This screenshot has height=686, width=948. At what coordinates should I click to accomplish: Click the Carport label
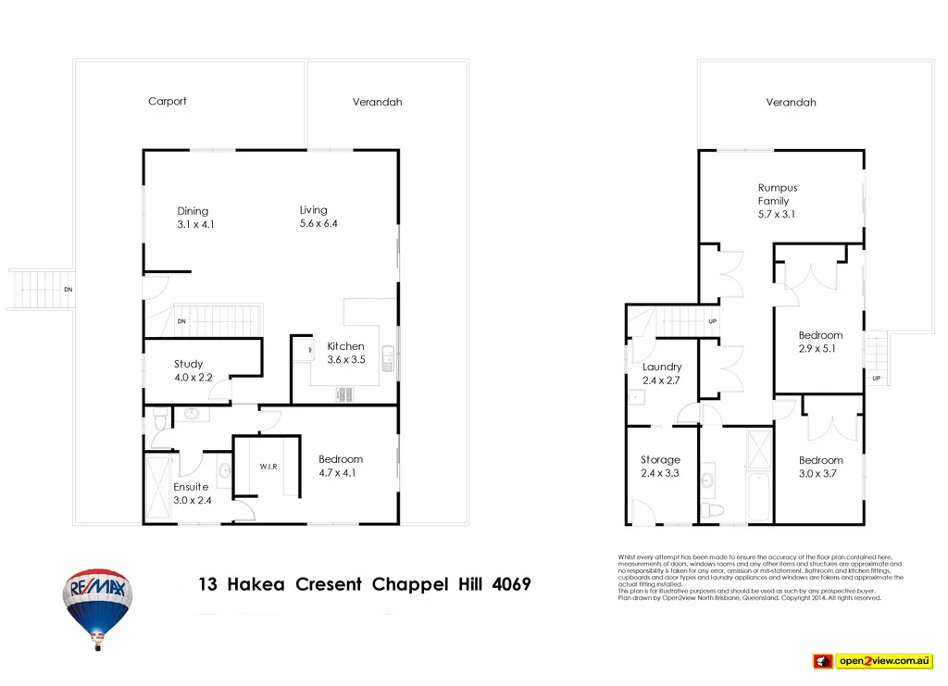[168, 101]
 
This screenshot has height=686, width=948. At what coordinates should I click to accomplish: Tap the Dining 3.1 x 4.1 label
[193, 218]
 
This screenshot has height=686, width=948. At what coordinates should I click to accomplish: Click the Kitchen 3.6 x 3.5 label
[345, 353]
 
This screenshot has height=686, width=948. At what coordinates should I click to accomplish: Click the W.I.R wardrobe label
[268, 466]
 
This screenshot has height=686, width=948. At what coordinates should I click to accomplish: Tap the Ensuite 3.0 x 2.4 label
[191, 493]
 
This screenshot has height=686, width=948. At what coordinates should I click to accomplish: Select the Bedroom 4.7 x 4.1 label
[340, 466]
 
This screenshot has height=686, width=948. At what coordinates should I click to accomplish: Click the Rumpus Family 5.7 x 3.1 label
[777, 201]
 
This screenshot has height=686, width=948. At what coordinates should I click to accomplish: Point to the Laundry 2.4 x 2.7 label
[662, 373]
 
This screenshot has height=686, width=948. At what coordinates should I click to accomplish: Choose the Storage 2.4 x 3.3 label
[660, 466]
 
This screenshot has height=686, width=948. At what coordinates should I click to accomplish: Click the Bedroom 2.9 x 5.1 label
[820, 342]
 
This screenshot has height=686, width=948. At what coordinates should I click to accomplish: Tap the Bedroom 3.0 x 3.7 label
[820, 466]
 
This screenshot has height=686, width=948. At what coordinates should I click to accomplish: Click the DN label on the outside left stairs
[68, 290]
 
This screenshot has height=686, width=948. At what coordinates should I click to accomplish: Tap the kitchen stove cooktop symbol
[346, 393]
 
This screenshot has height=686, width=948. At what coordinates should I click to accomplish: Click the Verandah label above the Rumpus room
[791, 103]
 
